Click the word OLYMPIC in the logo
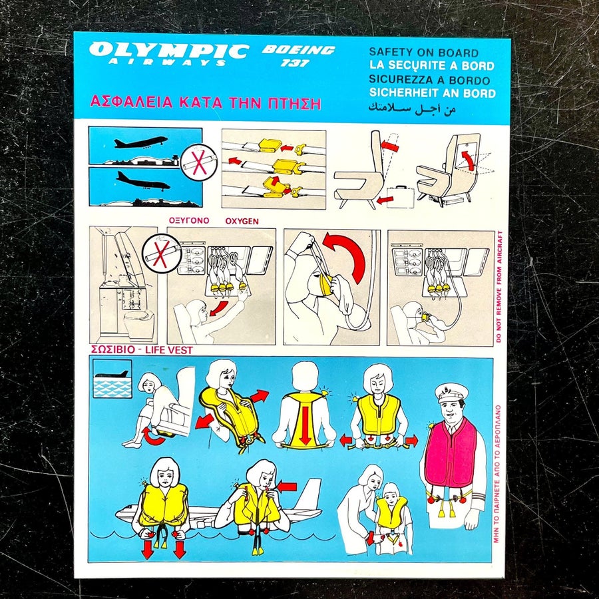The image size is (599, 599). click(168, 51)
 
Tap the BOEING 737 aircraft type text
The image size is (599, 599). click(298, 56)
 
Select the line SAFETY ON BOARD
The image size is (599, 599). click(424, 53)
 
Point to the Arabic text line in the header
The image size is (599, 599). click(412, 108)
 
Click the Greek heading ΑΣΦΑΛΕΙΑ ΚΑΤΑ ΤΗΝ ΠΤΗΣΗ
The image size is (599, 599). click(205, 102)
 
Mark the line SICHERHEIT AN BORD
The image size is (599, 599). click(432, 93)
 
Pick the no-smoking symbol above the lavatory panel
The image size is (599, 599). click(162, 254)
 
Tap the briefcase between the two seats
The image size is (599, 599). click(401, 197)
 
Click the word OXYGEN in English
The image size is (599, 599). click(242, 221)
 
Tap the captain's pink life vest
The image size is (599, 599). click(451, 455)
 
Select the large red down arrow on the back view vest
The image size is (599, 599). click(305, 425)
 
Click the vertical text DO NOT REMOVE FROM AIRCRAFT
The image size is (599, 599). click(499, 286)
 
